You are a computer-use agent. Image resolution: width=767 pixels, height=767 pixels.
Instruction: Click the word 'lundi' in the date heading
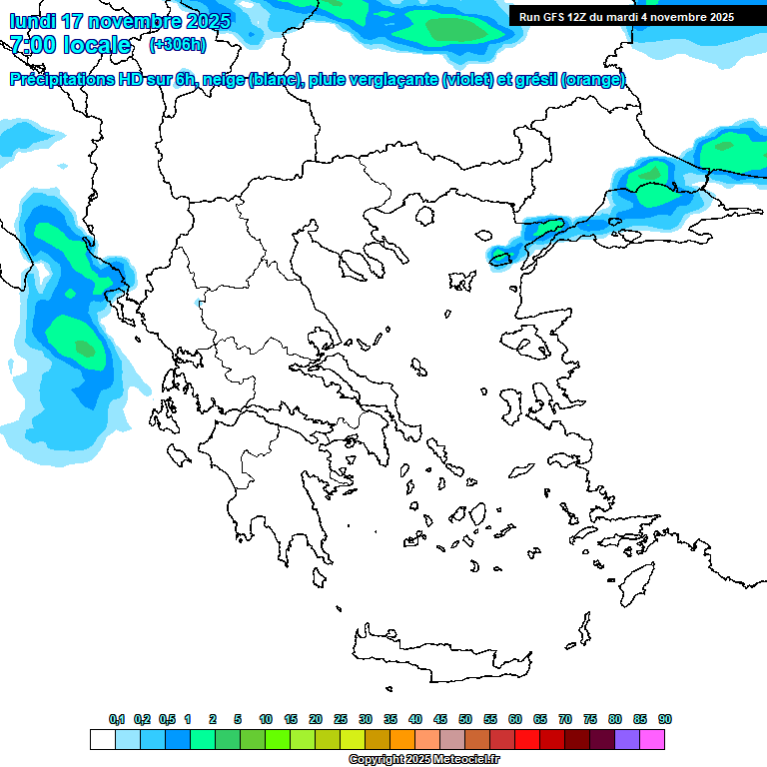32,21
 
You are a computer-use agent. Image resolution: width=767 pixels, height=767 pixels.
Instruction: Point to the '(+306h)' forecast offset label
178,45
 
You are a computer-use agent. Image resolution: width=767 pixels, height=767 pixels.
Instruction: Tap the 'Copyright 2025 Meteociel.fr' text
423,760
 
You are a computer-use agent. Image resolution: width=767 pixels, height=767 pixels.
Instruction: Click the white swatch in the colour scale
102,740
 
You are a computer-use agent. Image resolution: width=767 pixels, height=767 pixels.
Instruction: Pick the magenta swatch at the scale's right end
652,740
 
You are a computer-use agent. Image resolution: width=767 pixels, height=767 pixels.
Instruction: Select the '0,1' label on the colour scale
117,720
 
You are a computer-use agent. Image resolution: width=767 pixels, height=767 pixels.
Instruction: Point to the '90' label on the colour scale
665,720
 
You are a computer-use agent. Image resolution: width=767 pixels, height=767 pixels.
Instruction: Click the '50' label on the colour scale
465,720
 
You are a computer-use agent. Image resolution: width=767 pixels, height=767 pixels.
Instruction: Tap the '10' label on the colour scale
266,720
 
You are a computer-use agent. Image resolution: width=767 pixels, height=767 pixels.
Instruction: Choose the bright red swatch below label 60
527,740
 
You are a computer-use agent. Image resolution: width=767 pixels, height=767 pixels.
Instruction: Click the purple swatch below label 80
627,740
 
